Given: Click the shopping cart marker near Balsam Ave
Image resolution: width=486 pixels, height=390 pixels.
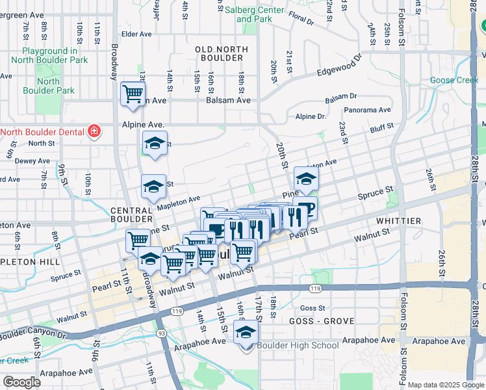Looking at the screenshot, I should pyautogui.click(x=133, y=94).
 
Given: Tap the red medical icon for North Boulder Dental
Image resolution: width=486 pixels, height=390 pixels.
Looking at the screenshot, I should pyautogui.click(x=94, y=131).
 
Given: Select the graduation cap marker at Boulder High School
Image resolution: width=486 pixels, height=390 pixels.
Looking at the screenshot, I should pyautogui.click(x=246, y=333).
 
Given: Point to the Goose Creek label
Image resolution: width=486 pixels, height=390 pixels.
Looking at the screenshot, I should pyautogui.click(x=454, y=81).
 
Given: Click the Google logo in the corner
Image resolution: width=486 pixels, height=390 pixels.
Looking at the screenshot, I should pyautogui.click(x=21, y=382).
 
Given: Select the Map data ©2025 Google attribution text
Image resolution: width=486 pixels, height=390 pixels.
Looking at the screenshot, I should pyautogui.click(x=446, y=385).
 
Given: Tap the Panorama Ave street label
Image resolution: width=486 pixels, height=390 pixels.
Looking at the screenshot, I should pyautogui.click(x=367, y=110).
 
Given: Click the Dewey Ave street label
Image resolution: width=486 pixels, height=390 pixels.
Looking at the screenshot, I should pyautogui.click(x=28, y=160).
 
